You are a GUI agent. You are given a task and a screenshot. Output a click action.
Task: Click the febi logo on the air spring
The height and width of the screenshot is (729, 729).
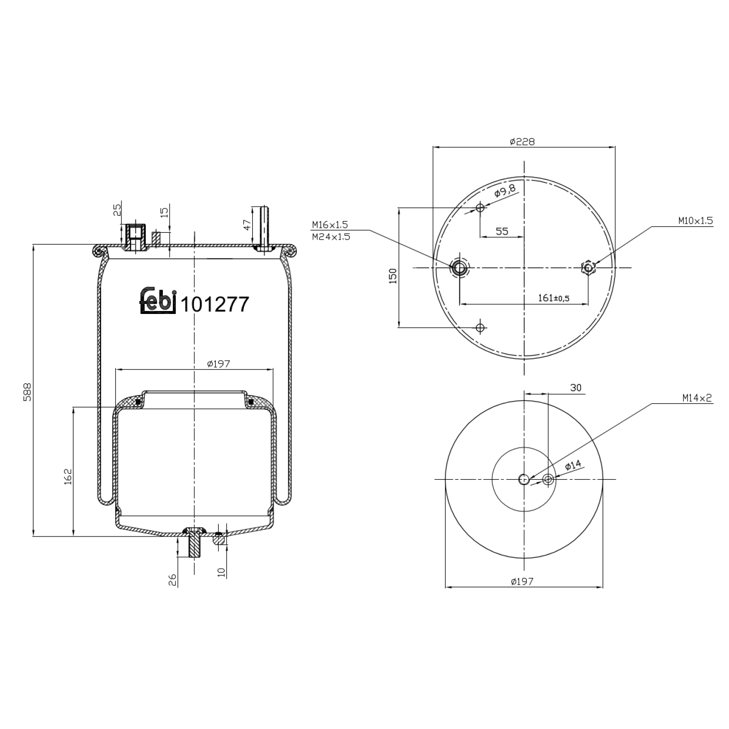pos(157,301)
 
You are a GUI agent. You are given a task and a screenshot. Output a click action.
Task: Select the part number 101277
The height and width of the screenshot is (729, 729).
pos(214,305)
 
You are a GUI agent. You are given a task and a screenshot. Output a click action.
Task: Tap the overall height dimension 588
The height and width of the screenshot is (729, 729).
pos(27,392)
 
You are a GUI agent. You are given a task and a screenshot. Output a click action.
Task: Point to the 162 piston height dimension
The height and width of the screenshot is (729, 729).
pos(68,476)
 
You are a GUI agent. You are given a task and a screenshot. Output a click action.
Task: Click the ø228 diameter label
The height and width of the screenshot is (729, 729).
pos(522,141)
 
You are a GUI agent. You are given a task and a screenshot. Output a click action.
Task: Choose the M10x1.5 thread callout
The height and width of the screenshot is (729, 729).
pos(695,221)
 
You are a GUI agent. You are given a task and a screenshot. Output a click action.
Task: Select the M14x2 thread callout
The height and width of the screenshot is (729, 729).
pos(696,398)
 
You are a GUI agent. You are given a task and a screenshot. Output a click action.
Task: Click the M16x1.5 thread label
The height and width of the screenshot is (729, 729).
pos(330,225)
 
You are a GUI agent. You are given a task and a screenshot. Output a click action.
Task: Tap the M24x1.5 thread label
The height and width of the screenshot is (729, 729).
pos(330,237)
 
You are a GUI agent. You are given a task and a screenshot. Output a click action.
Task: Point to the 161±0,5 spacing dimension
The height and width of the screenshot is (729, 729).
pos(554,298)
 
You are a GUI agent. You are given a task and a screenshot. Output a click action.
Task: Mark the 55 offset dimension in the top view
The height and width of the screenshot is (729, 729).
pos(502,231)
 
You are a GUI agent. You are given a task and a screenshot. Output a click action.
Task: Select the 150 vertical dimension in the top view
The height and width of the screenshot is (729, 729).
pos(393,276)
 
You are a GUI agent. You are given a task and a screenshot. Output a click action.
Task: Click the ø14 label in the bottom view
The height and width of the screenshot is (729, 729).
pos(573,466)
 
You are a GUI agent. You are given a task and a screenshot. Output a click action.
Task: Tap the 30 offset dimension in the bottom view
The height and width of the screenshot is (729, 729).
pos(575,388)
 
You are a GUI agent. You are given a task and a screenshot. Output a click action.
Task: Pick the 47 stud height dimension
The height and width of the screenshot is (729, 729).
pos(247,225)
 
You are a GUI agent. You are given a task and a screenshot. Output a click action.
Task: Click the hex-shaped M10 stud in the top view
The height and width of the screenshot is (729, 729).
pos(589,267)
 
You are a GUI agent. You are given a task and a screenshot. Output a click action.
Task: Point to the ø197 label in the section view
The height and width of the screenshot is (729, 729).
pos(218,364)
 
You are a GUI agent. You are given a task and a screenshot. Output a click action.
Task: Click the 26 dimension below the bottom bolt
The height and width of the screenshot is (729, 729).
pos(172,579)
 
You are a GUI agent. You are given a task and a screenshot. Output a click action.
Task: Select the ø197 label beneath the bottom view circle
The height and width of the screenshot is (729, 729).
pos(522,581)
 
